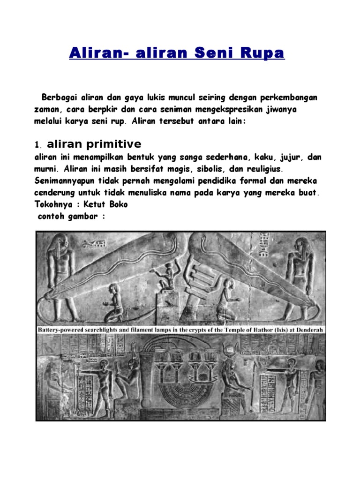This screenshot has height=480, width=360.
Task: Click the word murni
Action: [x=46, y=168]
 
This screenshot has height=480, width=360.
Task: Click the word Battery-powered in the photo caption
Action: [x=62, y=330]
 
